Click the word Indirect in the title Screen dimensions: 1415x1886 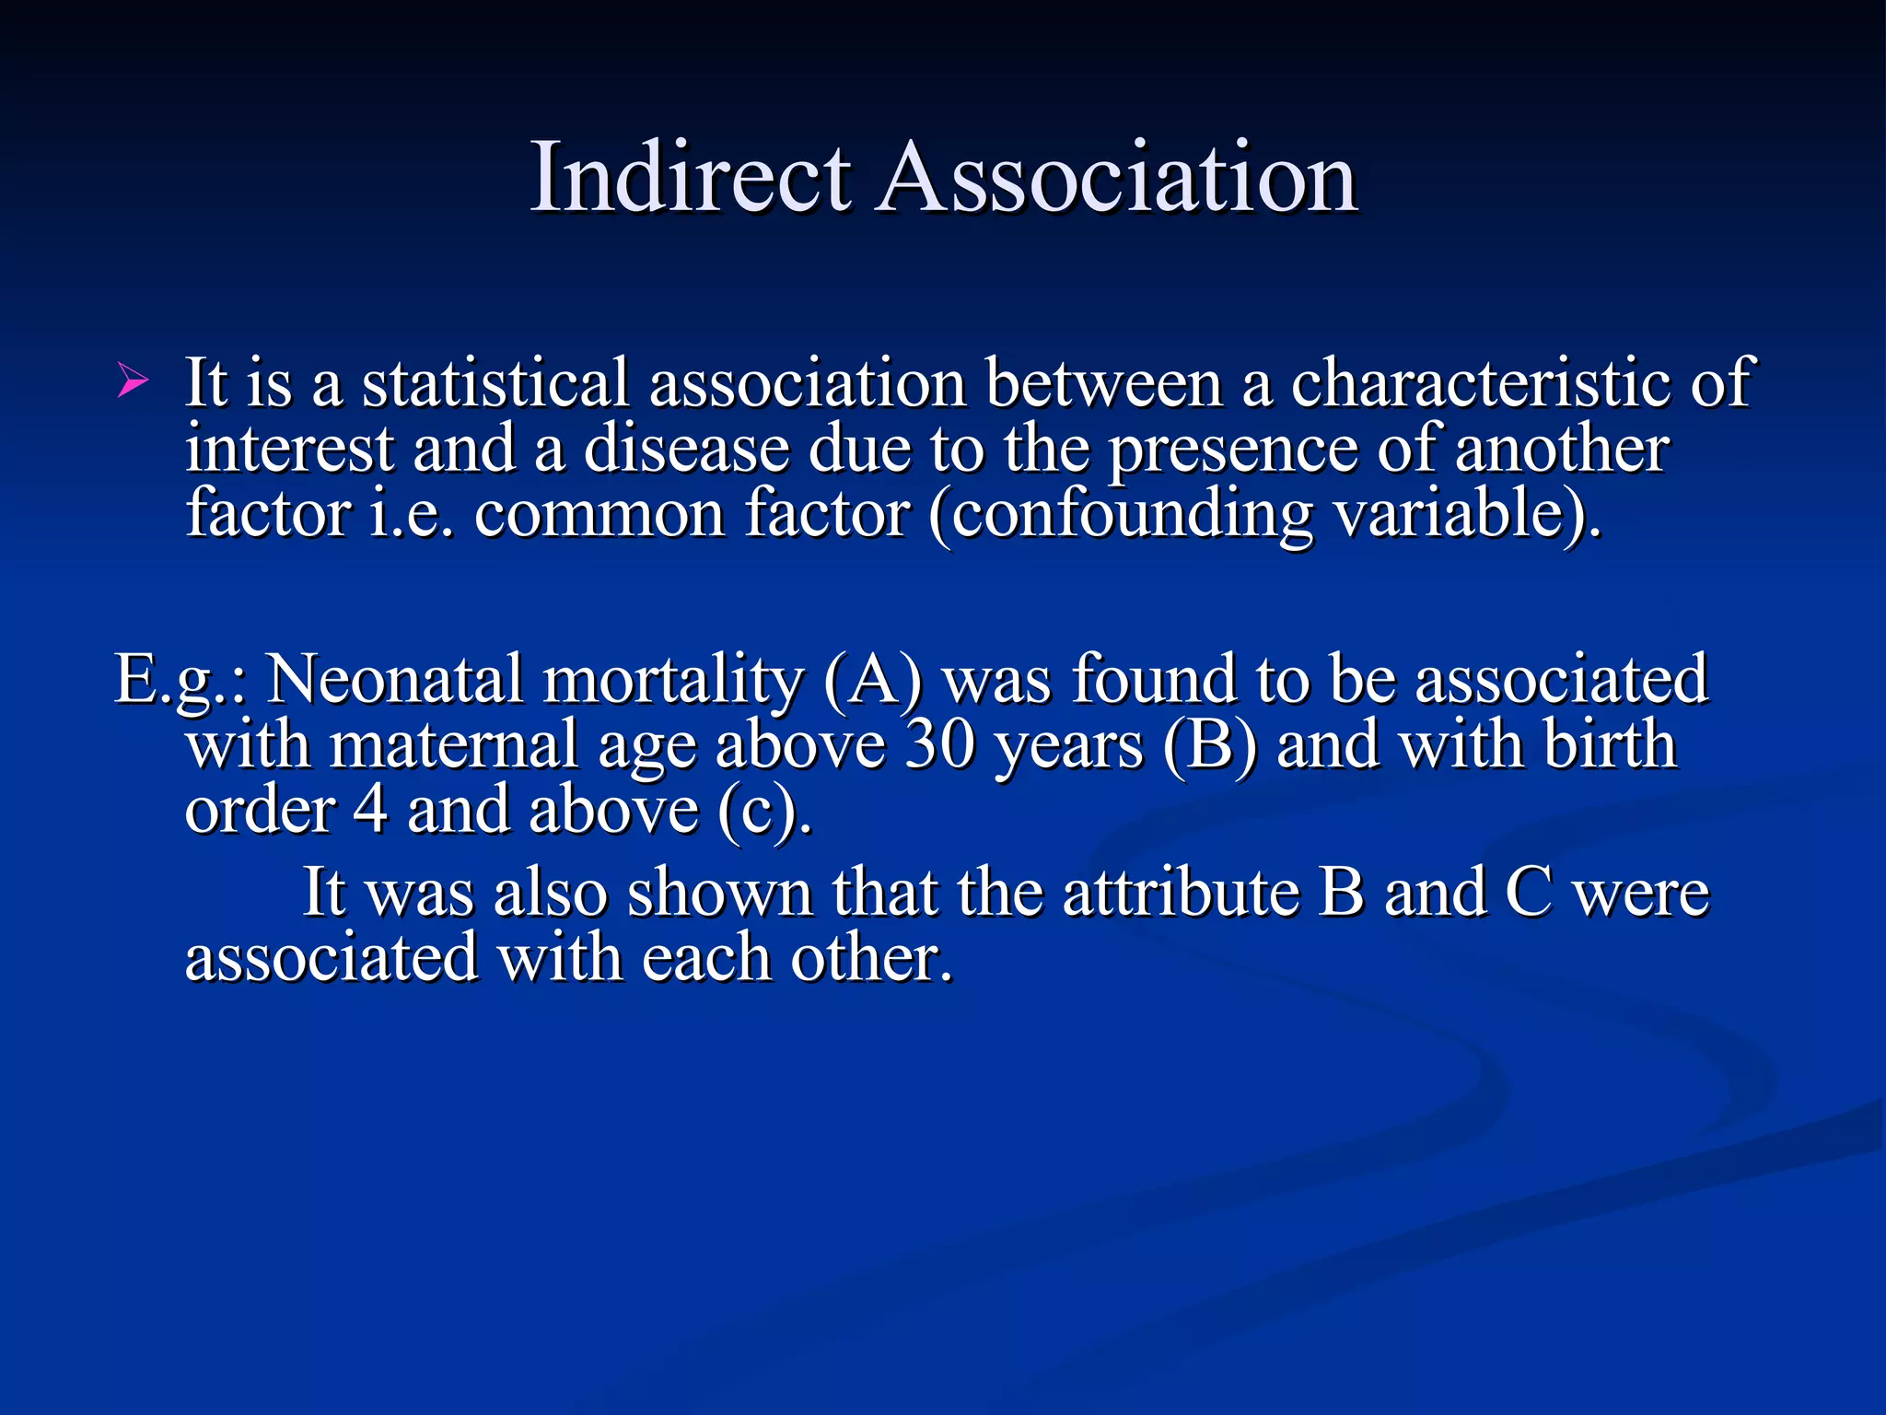tap(691, 177)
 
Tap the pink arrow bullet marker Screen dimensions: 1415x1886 tap(132, 380)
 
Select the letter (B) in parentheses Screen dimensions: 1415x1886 tap(1209, 744)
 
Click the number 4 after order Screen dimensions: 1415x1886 tap(370, 810)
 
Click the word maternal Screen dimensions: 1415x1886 tap(453, 744)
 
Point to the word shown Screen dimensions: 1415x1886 tap(719, 892)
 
